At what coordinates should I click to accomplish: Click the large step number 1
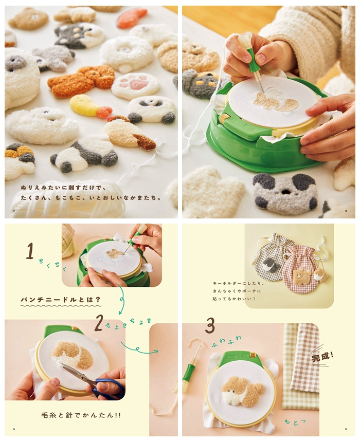[x=30, y=251]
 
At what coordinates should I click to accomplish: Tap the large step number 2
[x=98, y=323]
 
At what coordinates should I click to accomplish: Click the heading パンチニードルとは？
[x=61, y=299]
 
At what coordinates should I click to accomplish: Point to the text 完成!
[x=322, y=357]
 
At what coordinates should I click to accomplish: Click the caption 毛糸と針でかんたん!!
[x=81, y=415]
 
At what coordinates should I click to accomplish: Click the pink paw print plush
[x=136, y=85]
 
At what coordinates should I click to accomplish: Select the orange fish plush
[x=132, y=17]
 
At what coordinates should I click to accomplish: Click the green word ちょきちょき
[x=129, y=324]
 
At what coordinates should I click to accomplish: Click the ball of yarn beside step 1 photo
[x=68, y=241]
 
